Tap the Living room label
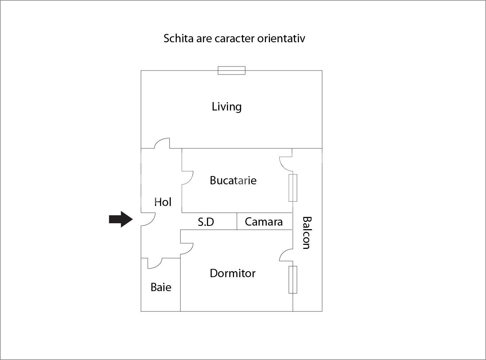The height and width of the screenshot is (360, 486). click(x=227, y=107)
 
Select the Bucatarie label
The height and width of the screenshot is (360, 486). click(x=233, y=180)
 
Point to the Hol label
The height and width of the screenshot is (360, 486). click(x=163, y=202)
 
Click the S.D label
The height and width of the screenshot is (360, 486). click(x=206, y=222)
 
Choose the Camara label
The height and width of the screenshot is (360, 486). click(x=264, y=222)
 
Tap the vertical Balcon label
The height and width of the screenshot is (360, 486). click(x=306, y=233)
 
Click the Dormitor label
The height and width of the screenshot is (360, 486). click(x=233, y=273)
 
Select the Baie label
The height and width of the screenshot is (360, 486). click(x=161, y=287)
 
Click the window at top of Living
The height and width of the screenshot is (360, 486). click(x=231, y=71)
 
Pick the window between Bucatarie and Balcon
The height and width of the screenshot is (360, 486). click(x=293, y=188)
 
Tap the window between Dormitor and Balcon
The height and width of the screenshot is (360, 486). click(x=293, y=279)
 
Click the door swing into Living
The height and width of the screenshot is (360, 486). click(x=163, y=144)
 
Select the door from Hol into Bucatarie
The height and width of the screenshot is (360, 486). click(x=187, y=178)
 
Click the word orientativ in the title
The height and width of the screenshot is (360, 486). click(x=281, y=38)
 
